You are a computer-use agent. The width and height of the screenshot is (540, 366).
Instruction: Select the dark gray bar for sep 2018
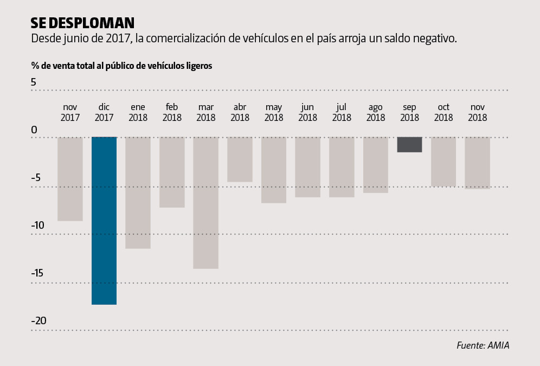point(409,144)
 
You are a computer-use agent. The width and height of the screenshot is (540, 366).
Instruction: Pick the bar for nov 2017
point(70,178)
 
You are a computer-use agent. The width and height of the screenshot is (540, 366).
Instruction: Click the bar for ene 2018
point(138,192)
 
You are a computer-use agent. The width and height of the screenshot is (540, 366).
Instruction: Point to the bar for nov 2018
point(477,163)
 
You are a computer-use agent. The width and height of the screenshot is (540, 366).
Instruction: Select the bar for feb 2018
point(172,172)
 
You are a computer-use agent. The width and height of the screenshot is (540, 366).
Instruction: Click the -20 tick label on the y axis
point(39,321)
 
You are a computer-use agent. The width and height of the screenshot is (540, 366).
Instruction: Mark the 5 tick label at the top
point(34,82)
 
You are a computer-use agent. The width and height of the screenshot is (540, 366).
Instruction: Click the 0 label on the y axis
point(34,130)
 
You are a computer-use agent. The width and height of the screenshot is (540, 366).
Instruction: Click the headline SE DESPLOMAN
point(82,23)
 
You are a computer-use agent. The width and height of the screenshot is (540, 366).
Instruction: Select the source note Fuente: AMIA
point(483,345)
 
